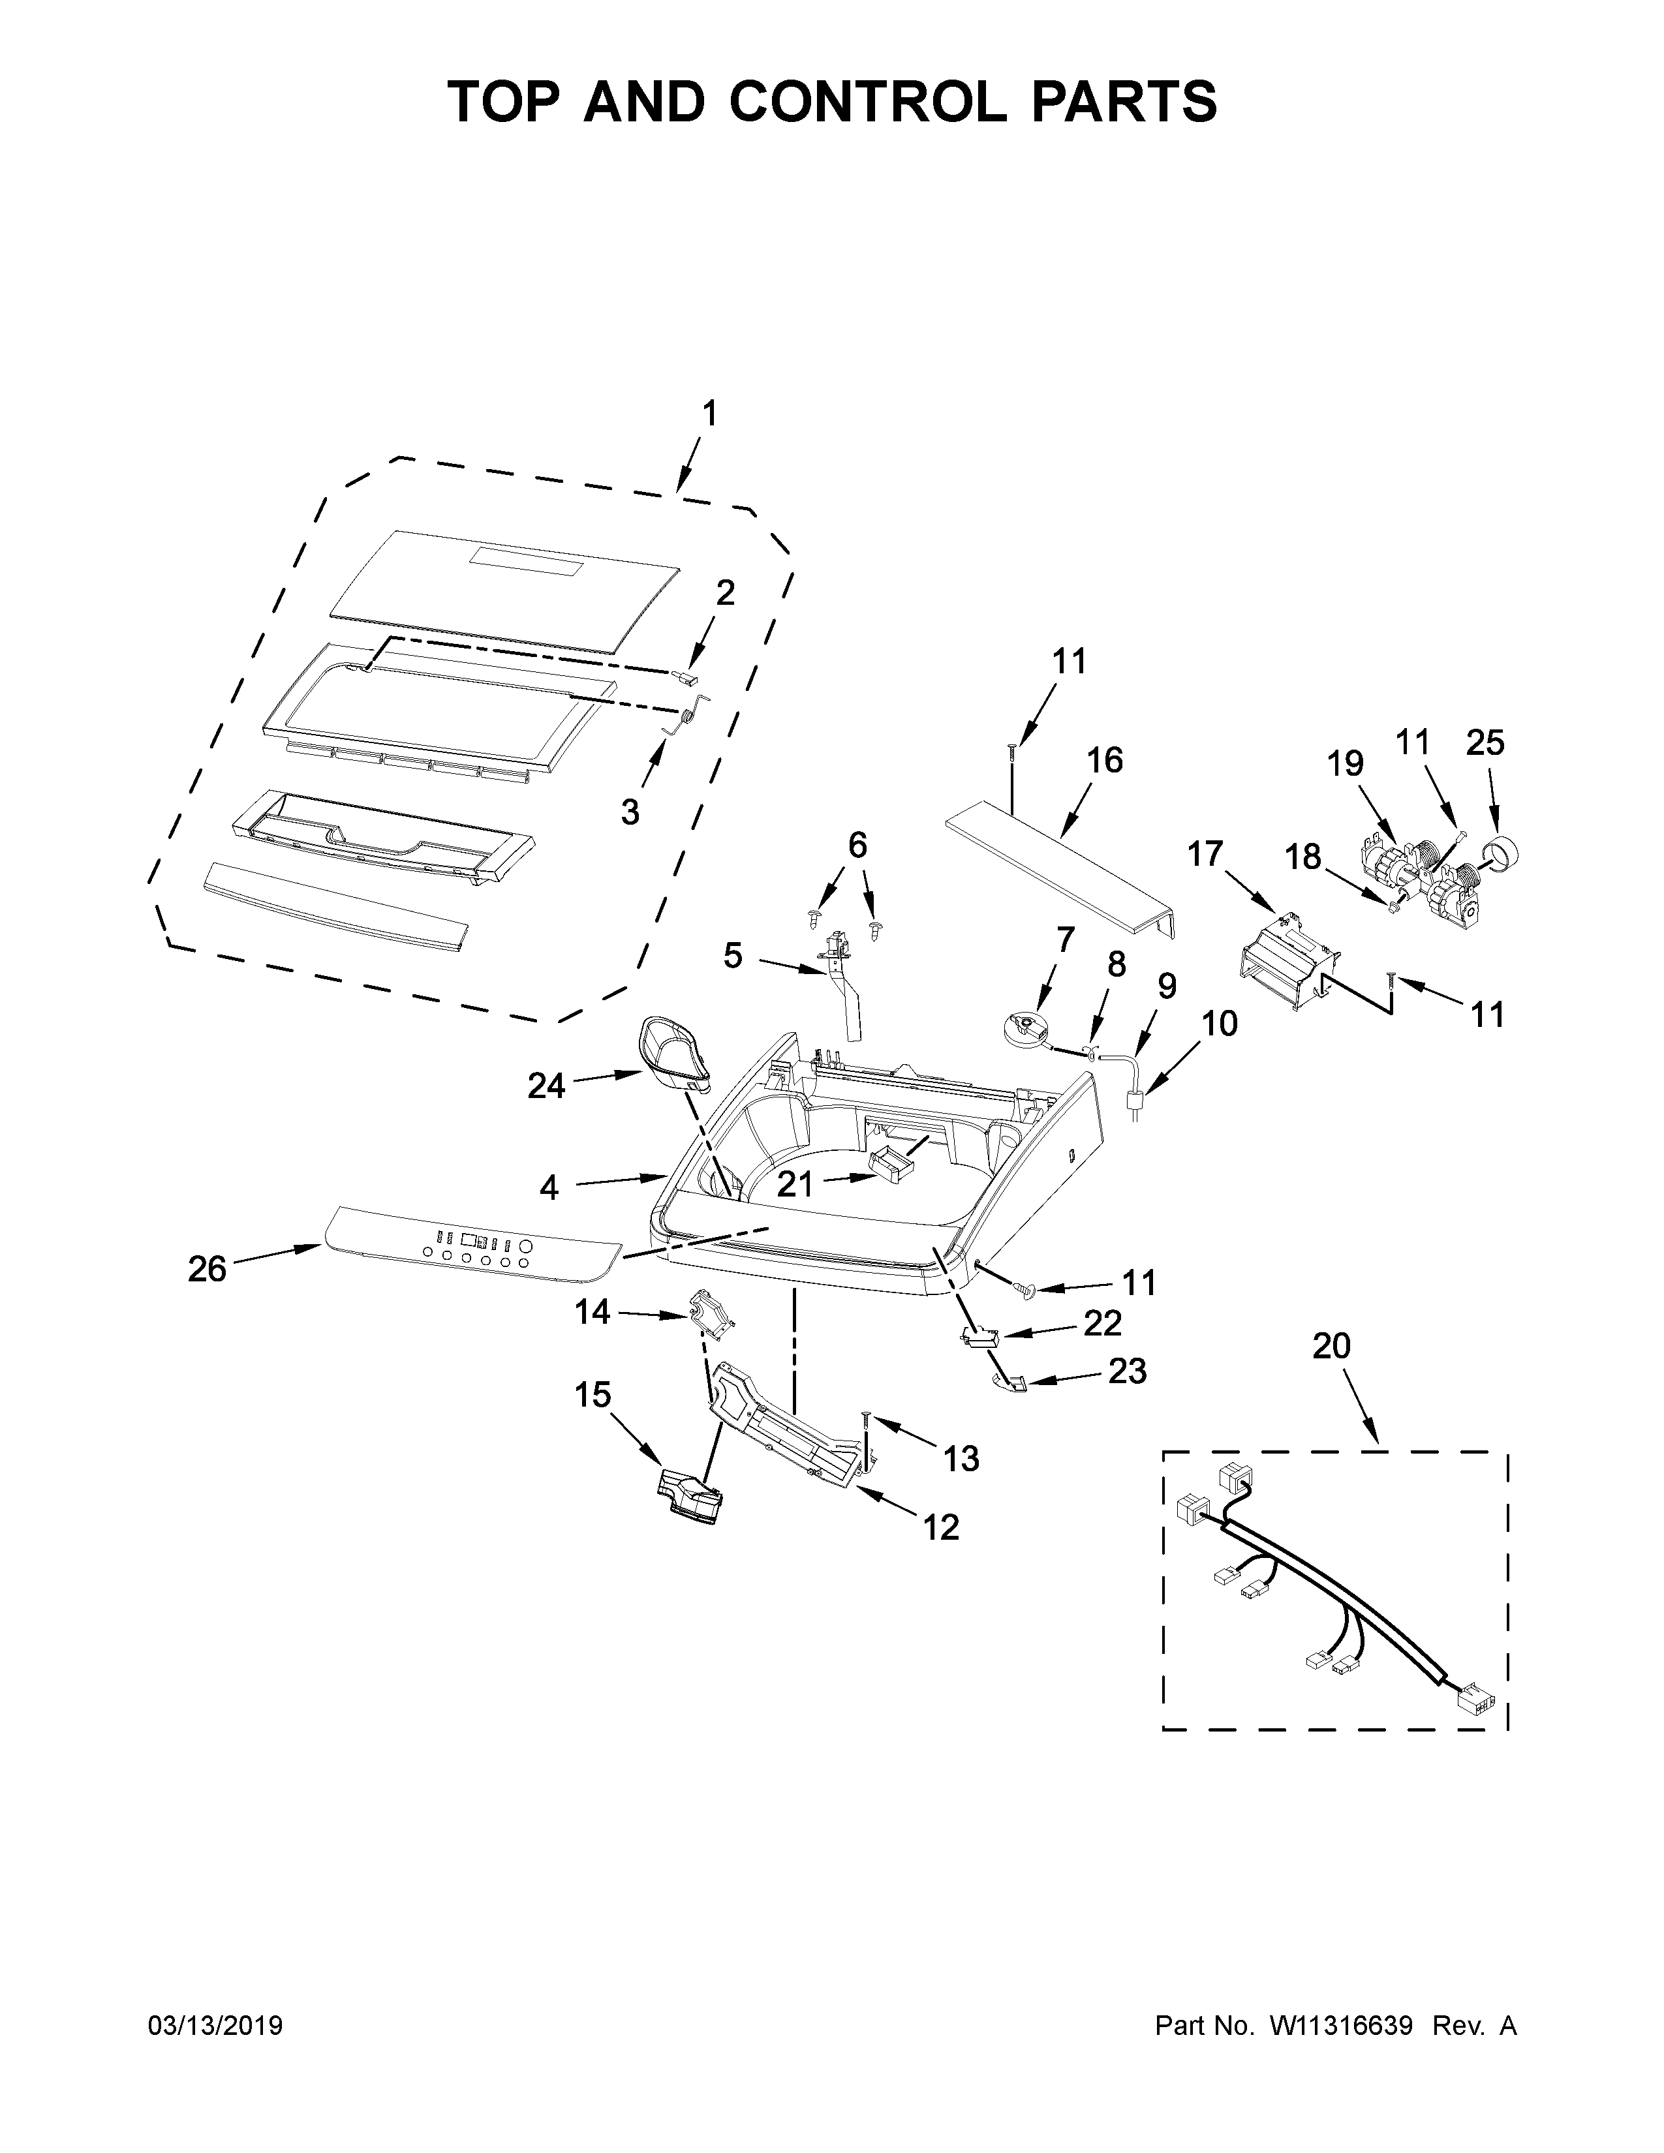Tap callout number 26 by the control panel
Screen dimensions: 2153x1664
(207, 1269)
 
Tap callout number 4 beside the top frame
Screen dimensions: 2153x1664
(549, 1188)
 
